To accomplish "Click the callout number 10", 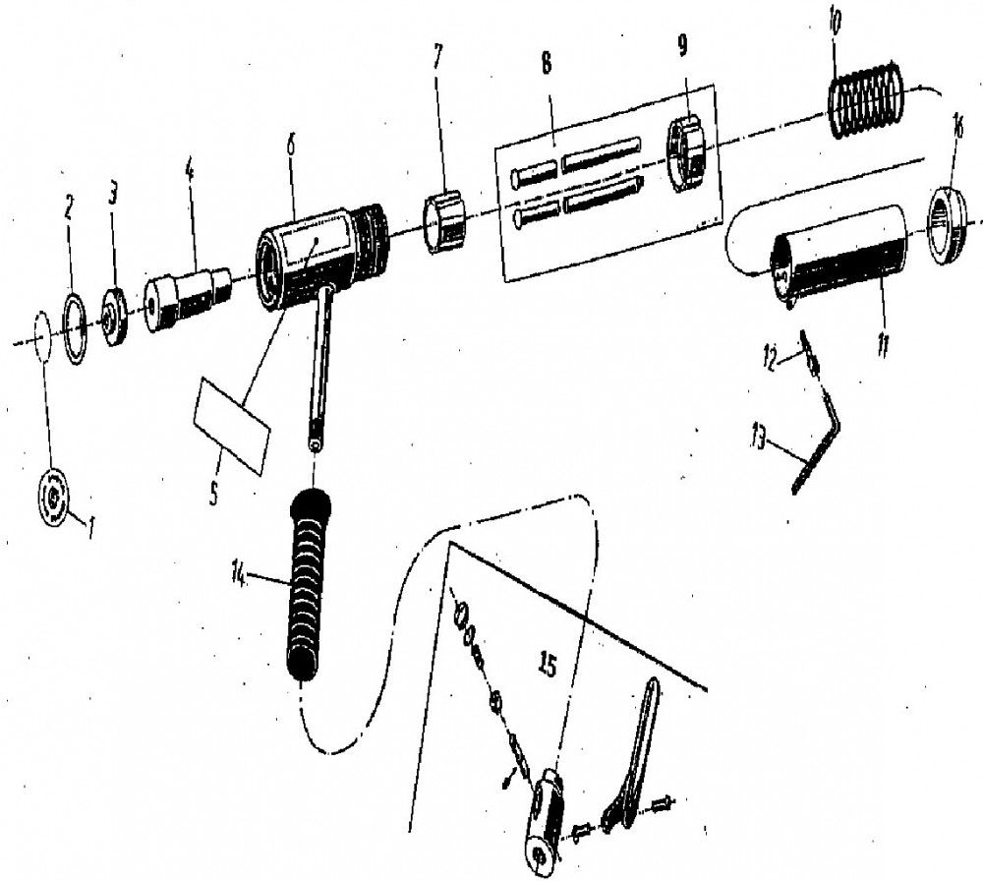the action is (835, 27).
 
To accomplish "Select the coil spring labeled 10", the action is (867, 98).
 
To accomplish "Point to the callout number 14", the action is (238, 574).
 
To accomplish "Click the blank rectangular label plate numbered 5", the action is (232, 427).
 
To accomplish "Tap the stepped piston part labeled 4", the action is (188, 299).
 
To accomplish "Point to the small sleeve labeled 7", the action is (444, 223).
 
